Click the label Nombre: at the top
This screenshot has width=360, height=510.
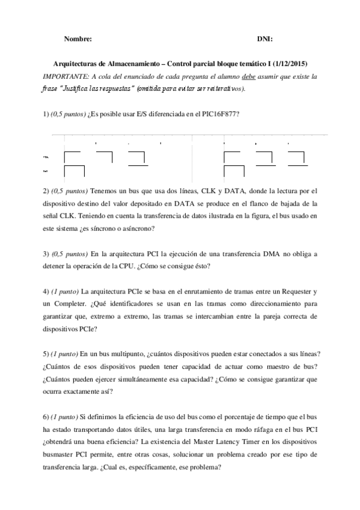tap(78, 39)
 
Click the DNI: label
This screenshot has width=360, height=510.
tap(264, 39)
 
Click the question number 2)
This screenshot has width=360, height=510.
tap(46, 191)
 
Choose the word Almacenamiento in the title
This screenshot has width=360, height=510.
tap(130, 64)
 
